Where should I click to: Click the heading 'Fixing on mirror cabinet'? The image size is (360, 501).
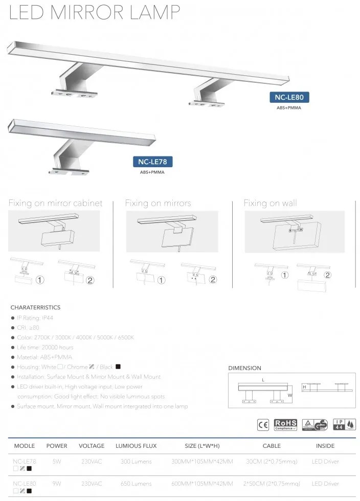click(x=55, y=203)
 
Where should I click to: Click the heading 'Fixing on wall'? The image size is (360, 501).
click(x=270, y=203)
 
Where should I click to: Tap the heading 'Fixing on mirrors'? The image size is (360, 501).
click(x=158, y=203)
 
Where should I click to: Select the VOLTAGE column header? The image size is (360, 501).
click(x=92, y=446)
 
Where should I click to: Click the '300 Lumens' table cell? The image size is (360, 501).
click(x=136, y=462)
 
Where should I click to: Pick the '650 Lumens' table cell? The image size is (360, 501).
click(x=136, y=483)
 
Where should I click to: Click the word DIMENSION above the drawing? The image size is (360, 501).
click(x=244, y=368)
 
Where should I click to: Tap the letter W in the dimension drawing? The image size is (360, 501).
click(x=290, y=395)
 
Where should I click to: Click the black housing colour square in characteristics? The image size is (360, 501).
click(x=118, y=367)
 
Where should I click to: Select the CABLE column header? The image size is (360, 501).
click(x=272, y=446)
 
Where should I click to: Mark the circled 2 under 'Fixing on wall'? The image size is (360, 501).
click(x=328, y=275)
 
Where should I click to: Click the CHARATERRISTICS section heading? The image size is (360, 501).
click(x=35, y=307)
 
